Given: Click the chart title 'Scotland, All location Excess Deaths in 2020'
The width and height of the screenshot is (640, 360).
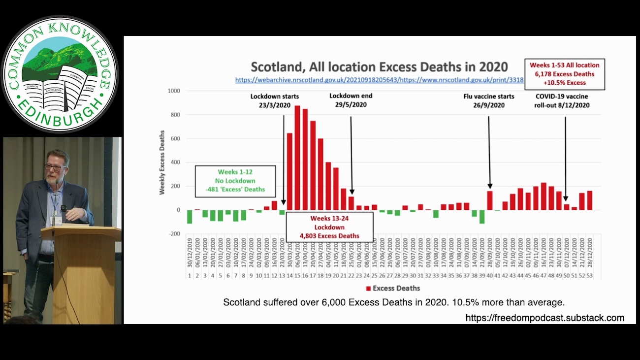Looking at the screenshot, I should [x=379, y=67].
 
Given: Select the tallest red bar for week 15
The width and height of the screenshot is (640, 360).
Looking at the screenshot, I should [x=297, y=158].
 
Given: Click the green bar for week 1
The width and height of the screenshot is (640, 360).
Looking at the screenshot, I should [x=190, y=217].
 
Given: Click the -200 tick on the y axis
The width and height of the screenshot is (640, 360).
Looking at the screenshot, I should [x=175, y=234].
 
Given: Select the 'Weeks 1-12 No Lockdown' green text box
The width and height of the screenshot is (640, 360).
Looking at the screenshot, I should [x=235, y=181].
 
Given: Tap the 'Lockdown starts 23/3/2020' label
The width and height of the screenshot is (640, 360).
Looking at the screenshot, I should [x=274, y=100].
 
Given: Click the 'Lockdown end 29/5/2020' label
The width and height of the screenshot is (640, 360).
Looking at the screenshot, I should [x=351, y=100].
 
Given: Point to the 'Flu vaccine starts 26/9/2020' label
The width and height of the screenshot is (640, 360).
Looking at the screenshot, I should [x=489, y=100].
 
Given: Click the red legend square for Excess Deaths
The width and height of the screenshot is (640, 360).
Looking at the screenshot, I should [x=368, y=288].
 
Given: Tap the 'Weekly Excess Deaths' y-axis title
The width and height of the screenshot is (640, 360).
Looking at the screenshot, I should [x=162, y=162].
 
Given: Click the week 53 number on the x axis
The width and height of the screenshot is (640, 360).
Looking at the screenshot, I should [x=590, y=276].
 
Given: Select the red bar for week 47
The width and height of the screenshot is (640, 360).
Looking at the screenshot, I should [x=544, y=196].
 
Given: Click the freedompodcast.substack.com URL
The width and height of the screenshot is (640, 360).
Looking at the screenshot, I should [x=544, y=318].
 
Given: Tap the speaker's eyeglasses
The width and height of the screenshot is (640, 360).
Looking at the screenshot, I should [x=55, y=167].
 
